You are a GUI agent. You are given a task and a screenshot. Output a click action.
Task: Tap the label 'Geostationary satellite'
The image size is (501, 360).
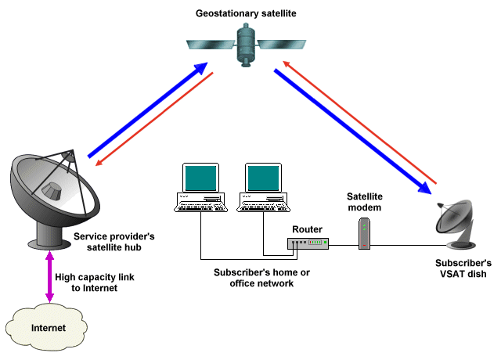point(250,13)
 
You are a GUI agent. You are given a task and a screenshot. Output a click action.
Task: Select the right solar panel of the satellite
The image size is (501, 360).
point(283,44)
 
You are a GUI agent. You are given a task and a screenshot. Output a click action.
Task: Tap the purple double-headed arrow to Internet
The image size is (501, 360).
point(49,277)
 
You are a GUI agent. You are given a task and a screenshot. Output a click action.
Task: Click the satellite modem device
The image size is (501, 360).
point(363,234)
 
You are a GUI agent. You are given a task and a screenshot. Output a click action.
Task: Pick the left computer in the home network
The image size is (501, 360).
point(200,188)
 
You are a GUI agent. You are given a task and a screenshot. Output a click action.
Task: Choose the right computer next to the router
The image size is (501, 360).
point(265,188)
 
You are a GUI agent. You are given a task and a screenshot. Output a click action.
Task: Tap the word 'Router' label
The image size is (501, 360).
point(307,229)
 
